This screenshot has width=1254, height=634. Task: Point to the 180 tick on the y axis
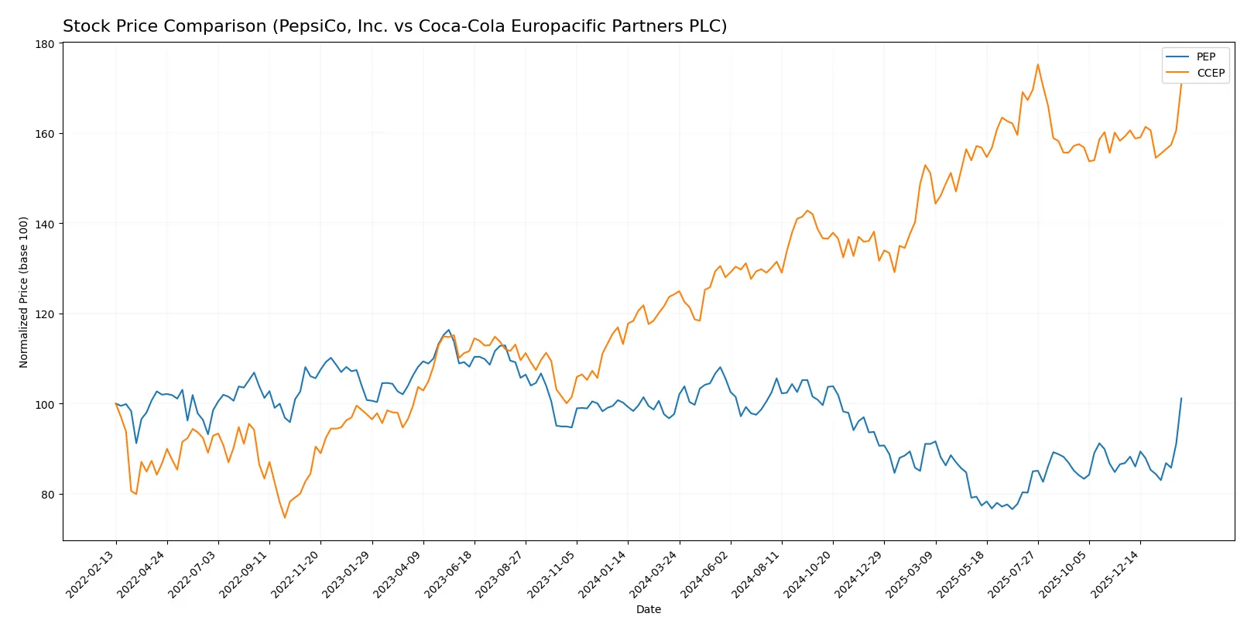(45, 44)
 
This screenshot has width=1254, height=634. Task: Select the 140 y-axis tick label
(45, 224)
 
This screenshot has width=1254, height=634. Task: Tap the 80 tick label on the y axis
(47, 494)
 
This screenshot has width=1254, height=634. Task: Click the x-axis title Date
(648, 609)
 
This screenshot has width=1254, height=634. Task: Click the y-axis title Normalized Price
(24, 292)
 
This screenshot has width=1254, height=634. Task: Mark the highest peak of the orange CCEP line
(1037, 64)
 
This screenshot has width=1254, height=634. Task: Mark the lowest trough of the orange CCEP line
(285, 518)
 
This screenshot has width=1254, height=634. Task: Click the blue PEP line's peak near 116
(448, 330)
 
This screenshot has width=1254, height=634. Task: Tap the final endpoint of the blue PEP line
(1181, 399)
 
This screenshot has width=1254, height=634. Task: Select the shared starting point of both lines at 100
(116, 403)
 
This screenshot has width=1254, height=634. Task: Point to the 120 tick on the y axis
(45, 314)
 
